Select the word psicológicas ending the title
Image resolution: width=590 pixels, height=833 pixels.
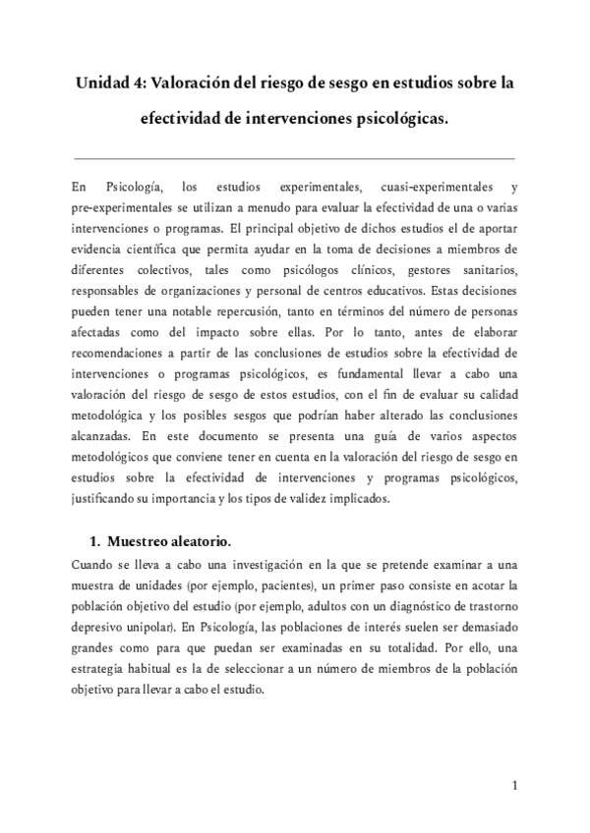(x=399, y=120)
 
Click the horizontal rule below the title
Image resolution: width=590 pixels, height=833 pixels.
(x=295, y=157)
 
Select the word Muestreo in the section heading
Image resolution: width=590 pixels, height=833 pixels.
(x=145, y=541)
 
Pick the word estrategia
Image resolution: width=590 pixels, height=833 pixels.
(x=104, y=667)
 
